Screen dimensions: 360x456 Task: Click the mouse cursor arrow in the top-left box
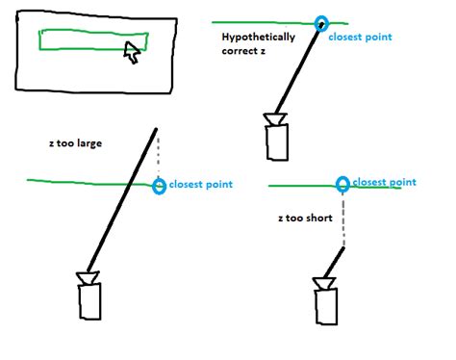pyautogui.click(x=132, y=54)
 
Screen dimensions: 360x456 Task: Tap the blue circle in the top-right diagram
pyautogui.click(x=320, y=23)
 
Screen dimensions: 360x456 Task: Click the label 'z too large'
pyautogui.click(x=74, y=143)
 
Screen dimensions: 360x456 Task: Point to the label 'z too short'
pyautogui.click(x=304, y=219)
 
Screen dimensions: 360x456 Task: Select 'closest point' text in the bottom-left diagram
pyautogui.click(x=200, y=184)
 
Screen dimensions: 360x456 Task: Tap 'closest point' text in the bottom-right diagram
pyautogui.click(x=385, y=181)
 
